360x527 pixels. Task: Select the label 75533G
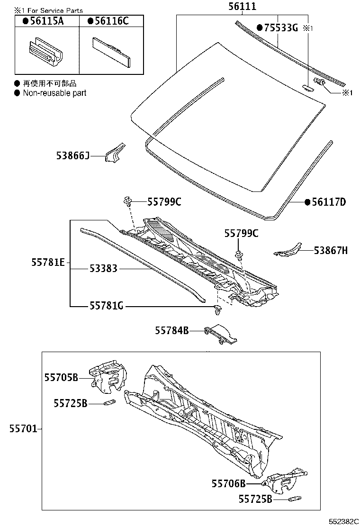coord(280,28)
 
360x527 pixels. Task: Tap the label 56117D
coord(328,202)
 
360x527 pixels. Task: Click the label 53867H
coord(330,250)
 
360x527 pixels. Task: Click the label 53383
coord(103,269)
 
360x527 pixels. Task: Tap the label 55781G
coord(106,306)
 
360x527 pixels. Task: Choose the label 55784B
coord(171,330)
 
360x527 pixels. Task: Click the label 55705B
coord(61,377)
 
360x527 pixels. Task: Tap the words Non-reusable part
coord(54,93)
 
